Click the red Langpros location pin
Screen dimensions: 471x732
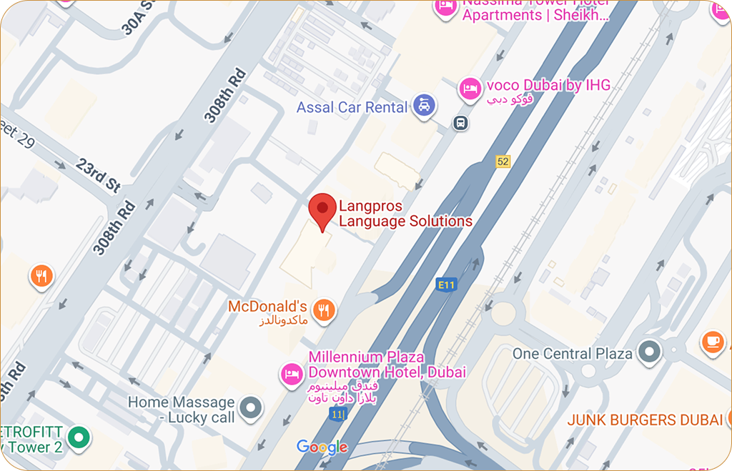(322, 209)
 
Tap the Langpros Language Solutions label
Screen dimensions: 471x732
(405, 214)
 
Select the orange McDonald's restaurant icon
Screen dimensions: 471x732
(325, 309)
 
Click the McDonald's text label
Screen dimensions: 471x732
(267, 307)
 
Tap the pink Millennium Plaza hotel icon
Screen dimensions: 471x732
(291, 374)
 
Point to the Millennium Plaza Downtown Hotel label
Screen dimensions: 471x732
(387, 365)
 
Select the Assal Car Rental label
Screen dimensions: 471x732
(352, 108)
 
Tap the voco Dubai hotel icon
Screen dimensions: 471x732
(469, 88)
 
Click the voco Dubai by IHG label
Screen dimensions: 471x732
(548, 86)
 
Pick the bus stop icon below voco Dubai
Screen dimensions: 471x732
(461, 123)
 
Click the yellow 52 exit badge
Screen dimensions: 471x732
(503, 162)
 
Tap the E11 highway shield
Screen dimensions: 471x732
(446, 284)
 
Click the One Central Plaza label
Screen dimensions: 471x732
(572, 354)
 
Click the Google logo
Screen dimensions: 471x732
(322, 447)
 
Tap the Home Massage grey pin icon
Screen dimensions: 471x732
(250, 408)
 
